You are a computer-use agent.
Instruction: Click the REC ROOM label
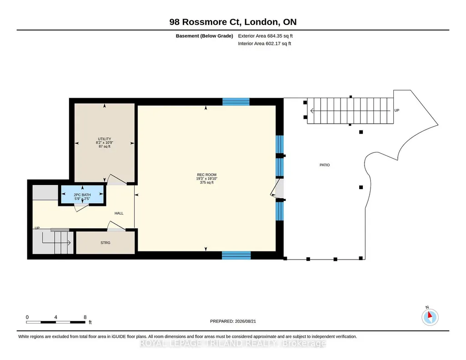coord(206,175)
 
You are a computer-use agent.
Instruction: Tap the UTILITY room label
coord(105,139)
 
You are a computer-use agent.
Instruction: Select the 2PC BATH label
coord(82,195)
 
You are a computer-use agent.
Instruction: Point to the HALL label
coord(119,213)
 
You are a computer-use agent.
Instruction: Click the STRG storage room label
coord(105,243)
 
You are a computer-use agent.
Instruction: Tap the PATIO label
coord(325,165)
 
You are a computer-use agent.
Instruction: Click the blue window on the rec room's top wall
coord(236,101)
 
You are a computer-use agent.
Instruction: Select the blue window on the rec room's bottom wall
coord(236,255)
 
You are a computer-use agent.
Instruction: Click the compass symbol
coord(430,317)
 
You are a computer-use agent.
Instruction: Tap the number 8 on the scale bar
coord(85,317)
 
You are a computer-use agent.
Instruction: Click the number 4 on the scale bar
coord(55,317)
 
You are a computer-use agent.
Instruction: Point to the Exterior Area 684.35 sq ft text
coord(266,36)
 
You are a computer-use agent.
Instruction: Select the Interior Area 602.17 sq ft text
coord(265,43)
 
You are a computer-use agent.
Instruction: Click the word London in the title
coord(262,22)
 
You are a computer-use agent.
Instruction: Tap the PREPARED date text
coord(233,321)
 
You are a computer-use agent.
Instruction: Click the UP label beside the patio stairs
coord(397,110)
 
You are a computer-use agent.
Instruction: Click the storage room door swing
coord(116,226)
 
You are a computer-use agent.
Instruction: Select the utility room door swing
coord(117,180)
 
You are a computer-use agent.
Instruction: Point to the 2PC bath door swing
coord(81,208)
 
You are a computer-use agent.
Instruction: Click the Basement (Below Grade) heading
coord(204,36)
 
